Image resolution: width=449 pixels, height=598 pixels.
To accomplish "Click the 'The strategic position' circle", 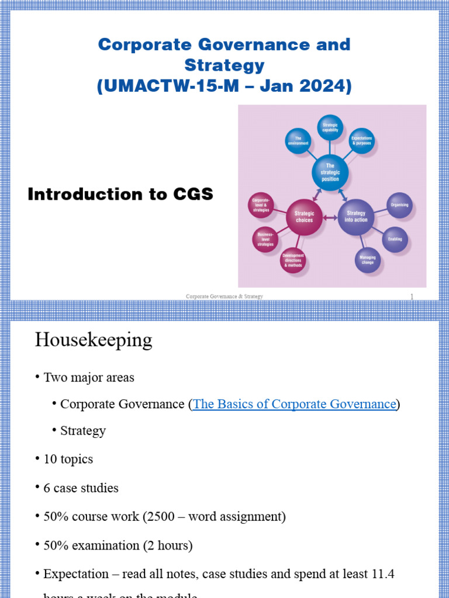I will tap(330, 172).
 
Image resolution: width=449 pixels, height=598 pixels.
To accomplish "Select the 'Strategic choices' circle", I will tap(304, 217).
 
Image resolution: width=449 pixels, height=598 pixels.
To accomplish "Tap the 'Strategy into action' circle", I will tap(356, 217).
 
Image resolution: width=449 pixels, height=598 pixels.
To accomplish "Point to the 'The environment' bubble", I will tap(298, 141).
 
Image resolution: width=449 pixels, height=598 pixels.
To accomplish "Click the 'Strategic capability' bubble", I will tap(330, 127).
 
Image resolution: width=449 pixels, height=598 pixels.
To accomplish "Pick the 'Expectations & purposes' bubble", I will tap(362, 141).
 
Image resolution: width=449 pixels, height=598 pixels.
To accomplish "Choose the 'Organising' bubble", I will tap(399, 206).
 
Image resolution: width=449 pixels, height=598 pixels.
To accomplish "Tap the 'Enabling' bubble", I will tap(395, 239).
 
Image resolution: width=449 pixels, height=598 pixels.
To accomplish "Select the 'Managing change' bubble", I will tap(368, 260).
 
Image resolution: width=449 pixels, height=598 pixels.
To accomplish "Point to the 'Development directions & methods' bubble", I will tap(293, 260).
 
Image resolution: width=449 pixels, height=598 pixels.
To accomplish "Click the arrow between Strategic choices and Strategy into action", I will tap(330, 218).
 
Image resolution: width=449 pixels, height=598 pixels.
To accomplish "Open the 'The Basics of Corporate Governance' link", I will tap(294, 404).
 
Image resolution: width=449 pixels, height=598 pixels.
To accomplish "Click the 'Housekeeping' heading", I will tap(94, 339).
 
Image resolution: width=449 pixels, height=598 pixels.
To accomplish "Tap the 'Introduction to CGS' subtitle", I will tap(120, 194).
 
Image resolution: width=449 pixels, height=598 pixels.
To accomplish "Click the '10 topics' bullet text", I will tap(68, 459).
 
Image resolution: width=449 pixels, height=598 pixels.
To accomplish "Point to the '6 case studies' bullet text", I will tap(81, 488).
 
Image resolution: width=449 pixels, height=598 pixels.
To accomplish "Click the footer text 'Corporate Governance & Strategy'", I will tap(224, 297).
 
